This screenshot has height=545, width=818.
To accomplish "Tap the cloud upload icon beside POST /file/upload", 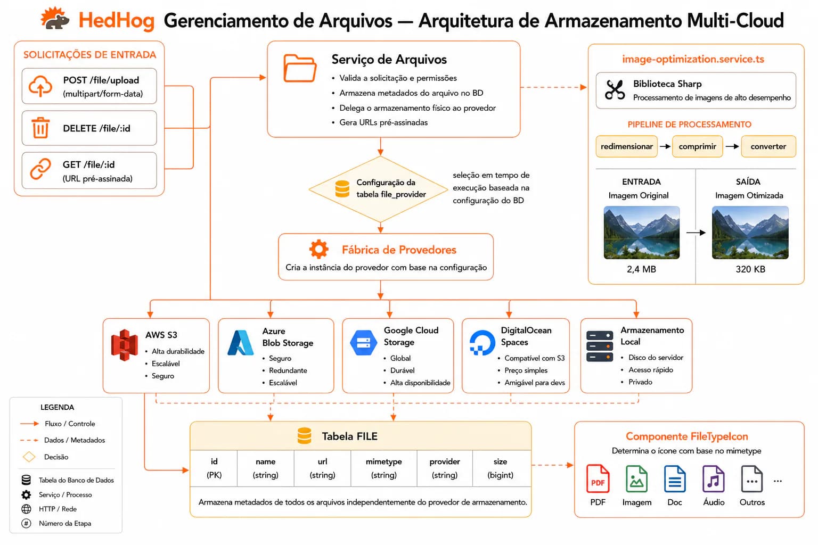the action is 40,86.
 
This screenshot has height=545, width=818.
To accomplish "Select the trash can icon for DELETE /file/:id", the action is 40,128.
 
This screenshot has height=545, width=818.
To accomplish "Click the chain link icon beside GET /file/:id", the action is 40,169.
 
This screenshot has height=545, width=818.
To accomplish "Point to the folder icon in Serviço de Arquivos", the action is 300,68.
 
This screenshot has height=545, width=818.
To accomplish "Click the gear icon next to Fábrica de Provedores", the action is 319,249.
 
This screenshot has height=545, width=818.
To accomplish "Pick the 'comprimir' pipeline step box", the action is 697,146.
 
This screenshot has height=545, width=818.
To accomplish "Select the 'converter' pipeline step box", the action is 768,146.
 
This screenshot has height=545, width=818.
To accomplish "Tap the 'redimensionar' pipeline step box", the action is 627,146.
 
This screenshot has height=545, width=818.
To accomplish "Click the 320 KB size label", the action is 750,269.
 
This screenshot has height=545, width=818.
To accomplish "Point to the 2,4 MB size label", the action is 641,269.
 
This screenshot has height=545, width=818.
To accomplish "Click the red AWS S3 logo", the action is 125,345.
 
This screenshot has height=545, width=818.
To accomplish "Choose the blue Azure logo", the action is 240,343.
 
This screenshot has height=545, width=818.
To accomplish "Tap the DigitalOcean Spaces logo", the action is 482,343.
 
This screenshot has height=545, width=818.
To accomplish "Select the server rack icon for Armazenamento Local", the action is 600,346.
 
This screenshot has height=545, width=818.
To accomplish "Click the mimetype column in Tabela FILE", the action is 384,468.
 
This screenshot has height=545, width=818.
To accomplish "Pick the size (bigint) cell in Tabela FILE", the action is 500,468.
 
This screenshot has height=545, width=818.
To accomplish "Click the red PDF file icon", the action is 598,478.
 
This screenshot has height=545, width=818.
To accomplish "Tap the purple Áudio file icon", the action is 714,478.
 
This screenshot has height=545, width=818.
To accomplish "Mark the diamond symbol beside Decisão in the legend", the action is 29,457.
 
